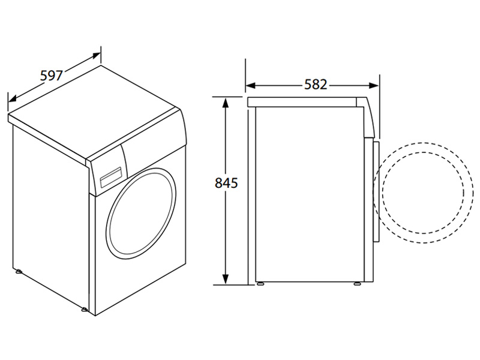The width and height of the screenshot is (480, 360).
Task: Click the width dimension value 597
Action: pyautogui.click(x=52, y=76)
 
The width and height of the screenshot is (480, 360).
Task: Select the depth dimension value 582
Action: pyautogui.click(x=316, y=85)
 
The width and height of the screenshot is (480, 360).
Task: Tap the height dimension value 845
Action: pyautogui.click(x=226, y=183)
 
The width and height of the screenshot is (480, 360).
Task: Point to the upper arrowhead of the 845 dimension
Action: pyautogui.click(x=226, y=103)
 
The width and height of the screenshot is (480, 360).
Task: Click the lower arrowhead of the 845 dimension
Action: pyautogui.click(x=226, y=278)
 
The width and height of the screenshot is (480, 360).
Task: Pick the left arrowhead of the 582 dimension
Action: pyautogui.click(x=250, y=86)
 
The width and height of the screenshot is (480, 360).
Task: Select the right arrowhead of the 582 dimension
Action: pyautogui.click(x=374, y=86)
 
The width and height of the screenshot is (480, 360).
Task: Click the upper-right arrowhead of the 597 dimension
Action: pyautogui.click(x=96, y=56)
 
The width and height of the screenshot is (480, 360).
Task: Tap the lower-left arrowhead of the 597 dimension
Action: pyautogui.click(x=13, y=98)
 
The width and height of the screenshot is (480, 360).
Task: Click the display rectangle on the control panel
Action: pyautogui.click(x=111, y=177)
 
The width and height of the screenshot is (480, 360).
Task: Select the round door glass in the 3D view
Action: pyautogui.click(x=141, y=212)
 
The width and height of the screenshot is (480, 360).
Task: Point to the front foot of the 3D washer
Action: pyautogui.click(x=84, y=310)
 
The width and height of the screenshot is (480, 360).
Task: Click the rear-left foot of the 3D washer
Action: pyautogui.click(x=19, y=271)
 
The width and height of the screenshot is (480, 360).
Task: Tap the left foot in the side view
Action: pyautogui.click(x=260, y=284)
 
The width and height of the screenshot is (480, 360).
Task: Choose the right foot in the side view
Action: pyautogui.click(x=357, y=284)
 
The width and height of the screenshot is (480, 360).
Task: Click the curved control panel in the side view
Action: pyautogui.click(x=366, y=118)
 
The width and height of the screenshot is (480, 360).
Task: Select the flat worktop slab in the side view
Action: pyautogui.click(x=302, y=102)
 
